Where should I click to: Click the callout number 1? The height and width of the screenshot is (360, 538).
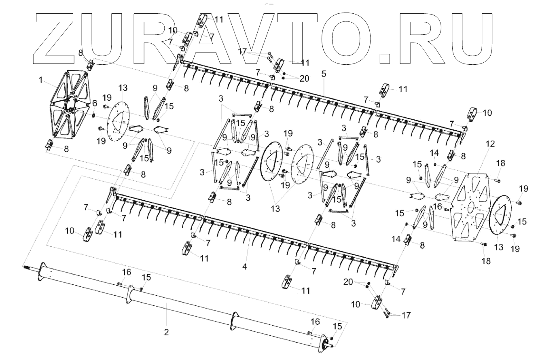click(x=40, y=80)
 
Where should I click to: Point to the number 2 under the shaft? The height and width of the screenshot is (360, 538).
click(x=166, y=332)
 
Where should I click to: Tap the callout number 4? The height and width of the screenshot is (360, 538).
click(x=244, y=267)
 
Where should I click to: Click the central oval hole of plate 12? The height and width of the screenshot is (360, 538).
click(x=471, y=206)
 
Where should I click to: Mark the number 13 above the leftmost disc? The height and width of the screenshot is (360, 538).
click(x=123, y=88)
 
